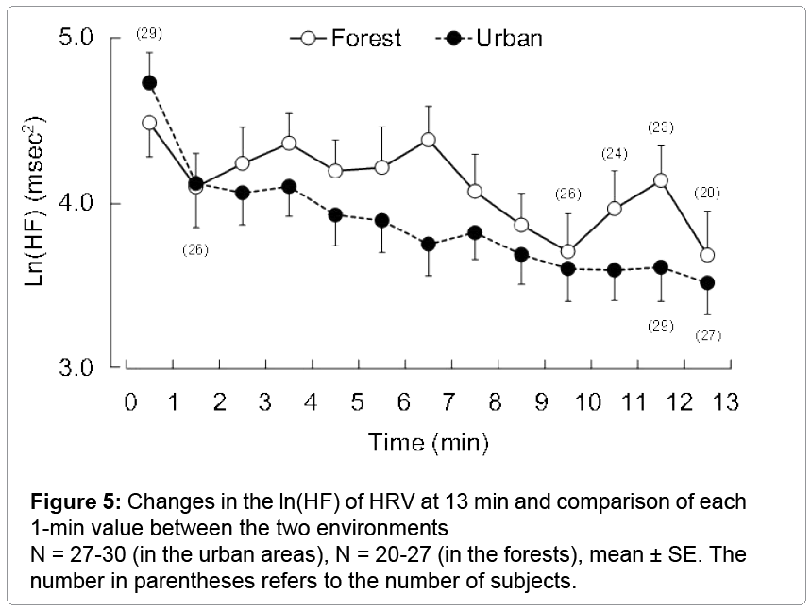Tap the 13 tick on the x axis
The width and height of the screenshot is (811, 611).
click(x=724, y=402)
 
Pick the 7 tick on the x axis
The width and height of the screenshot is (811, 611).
click(x=449, y=402)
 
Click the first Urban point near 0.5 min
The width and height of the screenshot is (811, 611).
click(x=149, y=82)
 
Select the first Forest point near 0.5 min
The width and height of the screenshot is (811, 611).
click(x=149, y=123)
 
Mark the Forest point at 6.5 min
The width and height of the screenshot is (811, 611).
click(x=428, y=140)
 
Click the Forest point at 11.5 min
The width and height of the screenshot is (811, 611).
click(x=660, y=179)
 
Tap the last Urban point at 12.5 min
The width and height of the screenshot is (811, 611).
click(x=706, y=282)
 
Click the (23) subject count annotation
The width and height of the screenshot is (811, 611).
click(x=660, y=127)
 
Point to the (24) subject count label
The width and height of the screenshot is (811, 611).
click(x=615, y=154)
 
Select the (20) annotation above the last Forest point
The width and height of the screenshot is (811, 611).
click(x=706, y=193)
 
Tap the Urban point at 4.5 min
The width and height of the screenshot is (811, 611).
click(x=335, y=214)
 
